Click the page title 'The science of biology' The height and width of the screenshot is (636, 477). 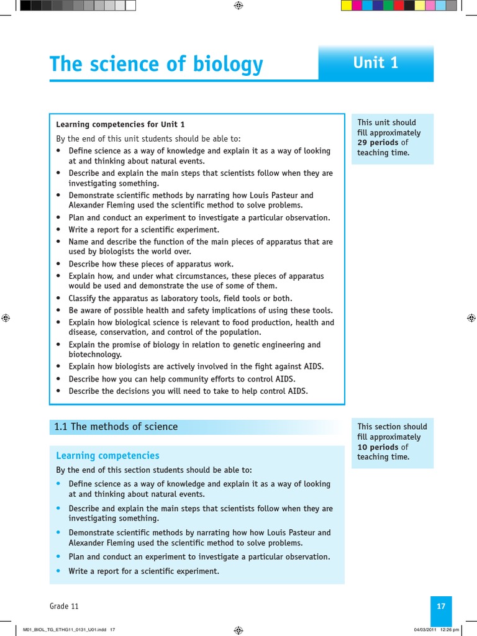tap(156, 65)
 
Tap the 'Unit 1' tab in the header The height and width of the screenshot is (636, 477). tap(375, 63)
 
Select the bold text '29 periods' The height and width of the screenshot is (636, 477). tap(378, 143)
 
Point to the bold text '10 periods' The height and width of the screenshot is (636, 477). tap(378, 447)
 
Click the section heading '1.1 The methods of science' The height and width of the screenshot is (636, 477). tap(116, 427)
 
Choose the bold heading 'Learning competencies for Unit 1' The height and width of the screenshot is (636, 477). tap(120, 124)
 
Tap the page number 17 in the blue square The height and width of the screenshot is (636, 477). tap(441, 607)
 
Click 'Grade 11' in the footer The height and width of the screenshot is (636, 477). tap(64, 607)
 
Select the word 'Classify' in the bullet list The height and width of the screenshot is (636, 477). tap(84, 298)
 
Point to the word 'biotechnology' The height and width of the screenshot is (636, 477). tap(95, 355)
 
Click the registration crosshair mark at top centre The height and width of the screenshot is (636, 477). tap(238, 6)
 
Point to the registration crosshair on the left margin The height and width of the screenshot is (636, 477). tap(6, 317)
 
